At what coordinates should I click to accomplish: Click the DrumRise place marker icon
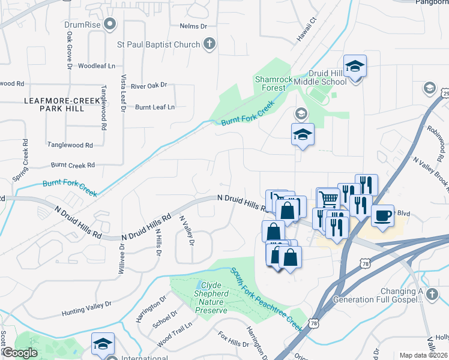pos(109,25)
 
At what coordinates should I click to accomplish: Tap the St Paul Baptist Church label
pos(153,44)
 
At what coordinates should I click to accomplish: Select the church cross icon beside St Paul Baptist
pos(209,44)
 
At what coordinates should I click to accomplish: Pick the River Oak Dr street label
pos(149,86)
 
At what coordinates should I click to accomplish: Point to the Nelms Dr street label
pos(193,26)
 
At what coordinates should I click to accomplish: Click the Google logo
pos(19,353)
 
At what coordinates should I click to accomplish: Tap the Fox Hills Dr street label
pos(233,339)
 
